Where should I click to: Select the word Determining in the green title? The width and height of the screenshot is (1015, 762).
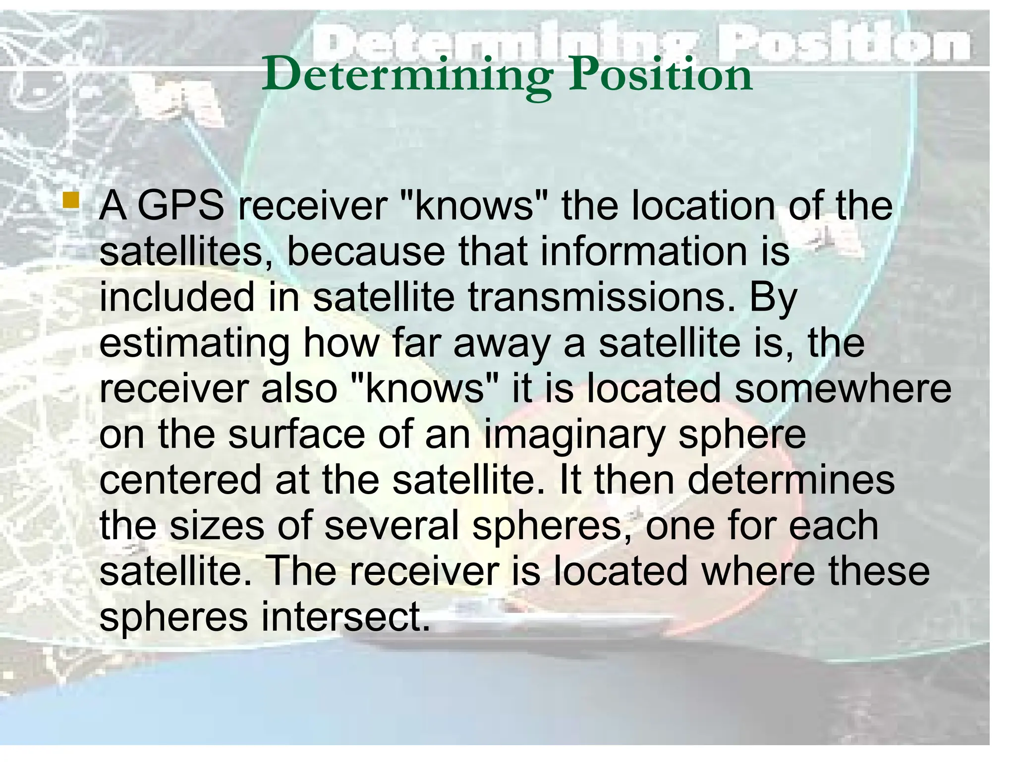407,75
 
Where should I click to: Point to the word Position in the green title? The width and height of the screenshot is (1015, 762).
660,75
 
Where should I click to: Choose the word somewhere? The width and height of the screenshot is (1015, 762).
843,388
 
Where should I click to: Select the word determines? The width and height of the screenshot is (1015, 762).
791,480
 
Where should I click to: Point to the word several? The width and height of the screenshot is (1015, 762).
392,525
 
